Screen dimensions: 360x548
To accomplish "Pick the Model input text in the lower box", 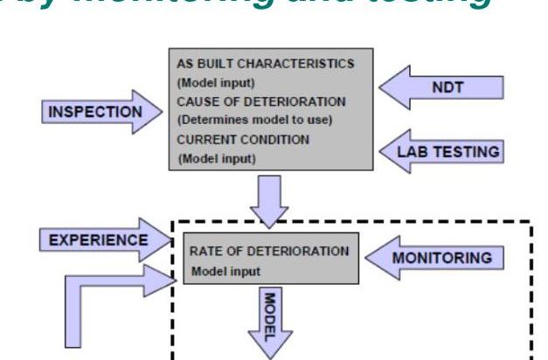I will pos(226,271).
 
